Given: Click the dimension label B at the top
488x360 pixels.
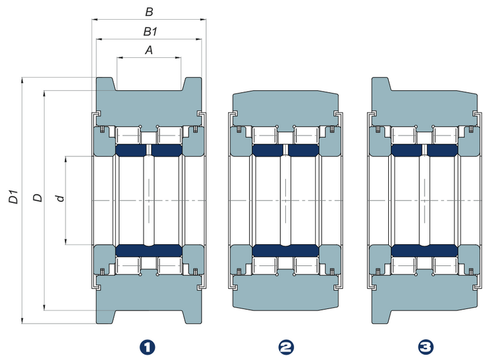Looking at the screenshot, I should click(149, 11).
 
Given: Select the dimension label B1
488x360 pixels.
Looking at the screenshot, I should click(149, 31).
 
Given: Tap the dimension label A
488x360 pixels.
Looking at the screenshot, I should click(149, 50).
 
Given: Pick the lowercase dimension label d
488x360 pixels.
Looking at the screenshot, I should click(60, 198).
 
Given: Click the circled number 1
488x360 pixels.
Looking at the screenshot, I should click(147, 347).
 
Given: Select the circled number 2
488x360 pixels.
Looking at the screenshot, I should click(286, 347).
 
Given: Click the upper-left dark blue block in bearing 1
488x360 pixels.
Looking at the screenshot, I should click(132, 150).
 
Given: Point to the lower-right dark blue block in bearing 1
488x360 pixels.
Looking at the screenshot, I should click(166, 250).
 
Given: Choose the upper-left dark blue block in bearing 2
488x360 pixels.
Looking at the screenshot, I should click(268, 150).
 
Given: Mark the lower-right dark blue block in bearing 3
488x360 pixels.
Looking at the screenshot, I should click(442, 250).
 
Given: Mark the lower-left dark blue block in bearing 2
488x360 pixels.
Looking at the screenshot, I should click(268, 250).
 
